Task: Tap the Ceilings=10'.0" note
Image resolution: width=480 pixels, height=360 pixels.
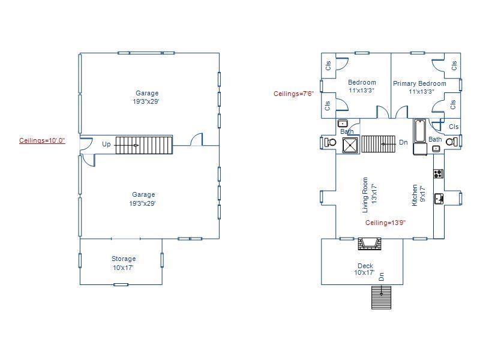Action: tap(42, 140)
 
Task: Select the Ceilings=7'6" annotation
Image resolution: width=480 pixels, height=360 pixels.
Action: tap(293, 94)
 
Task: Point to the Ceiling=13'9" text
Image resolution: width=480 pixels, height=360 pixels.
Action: tap(385, 223)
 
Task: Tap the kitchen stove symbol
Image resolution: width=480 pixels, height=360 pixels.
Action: tap(439, 174)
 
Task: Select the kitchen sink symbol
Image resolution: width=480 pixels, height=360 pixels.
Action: tap(439, 199)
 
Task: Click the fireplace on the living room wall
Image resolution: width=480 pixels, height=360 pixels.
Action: tap(369, 244)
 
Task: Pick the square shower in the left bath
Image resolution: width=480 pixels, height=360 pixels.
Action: tap(350, 145)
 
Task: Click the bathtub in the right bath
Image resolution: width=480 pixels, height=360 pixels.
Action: tap(420, 132)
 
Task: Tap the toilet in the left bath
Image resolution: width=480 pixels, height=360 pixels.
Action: tap(330, 143)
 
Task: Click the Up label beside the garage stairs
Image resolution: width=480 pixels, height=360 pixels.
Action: tap(106, 144)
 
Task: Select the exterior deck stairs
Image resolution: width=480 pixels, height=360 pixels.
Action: tap(381, 297)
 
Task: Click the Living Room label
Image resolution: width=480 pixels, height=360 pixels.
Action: tap(369, 194)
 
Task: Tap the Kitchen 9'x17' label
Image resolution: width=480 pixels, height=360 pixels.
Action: tap(418, 195)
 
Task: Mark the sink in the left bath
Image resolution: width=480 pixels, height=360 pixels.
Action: tap(343, 124)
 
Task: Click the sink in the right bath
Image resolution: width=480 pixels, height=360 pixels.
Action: tap(436, 148)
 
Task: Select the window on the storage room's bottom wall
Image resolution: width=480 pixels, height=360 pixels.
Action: tap(121, 284)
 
